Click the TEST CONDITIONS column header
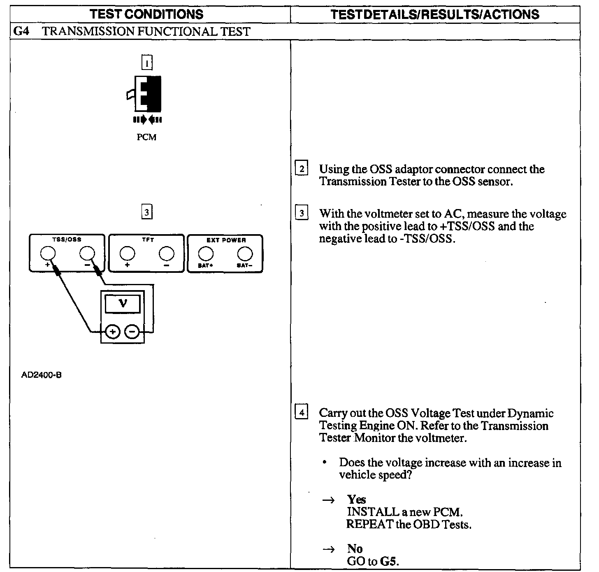146,14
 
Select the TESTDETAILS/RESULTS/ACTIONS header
435,14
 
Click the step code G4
21,31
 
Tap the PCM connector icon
147,94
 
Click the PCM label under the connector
146,137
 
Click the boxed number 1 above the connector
147,63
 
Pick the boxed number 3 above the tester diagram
147,212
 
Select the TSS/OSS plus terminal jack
47,253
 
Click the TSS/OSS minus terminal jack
86,253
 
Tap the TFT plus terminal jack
127,253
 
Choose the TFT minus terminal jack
166,253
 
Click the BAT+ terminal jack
205,253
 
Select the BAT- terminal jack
245,253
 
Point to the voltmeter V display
123,304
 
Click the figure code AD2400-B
42,375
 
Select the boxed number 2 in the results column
302,169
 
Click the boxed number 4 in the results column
302,412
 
